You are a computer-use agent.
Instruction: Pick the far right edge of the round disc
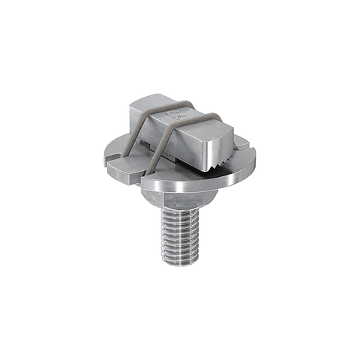pyautogui.click(x=255, y=161)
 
